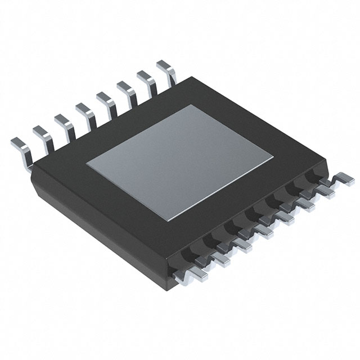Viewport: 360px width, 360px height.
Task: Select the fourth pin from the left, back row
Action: pyautogui.click(x=84, y=112)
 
